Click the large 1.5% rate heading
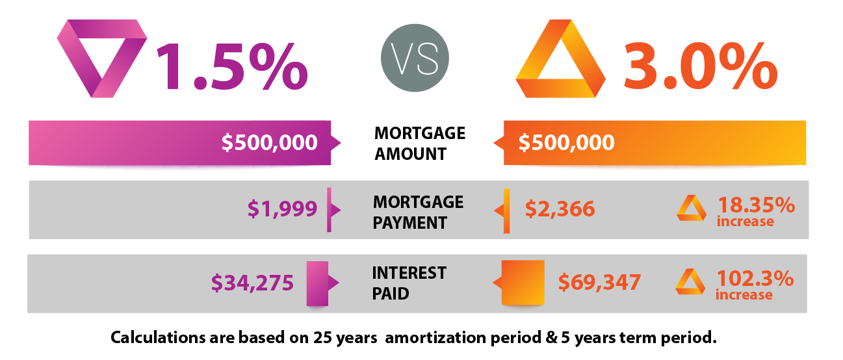click(x=232, y=66)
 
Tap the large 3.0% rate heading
click(x=701, y=66)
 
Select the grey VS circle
click(x=415, y=58)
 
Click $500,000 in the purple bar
click(x=270, y=142)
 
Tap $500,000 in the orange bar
click(x=566, y=142)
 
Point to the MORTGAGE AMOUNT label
click(x=420, y=144)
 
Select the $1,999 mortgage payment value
click(x=282, y=209)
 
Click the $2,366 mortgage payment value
click(x=560, y=209)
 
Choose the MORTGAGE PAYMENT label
click(x=418, y=212)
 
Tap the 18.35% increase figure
click(x=756, y=211)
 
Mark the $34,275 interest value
click(x=252, y=283)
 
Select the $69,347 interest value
click(x=599, y=282)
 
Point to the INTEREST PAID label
click(x=409, y=283)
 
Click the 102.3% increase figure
click(x=755, y=285)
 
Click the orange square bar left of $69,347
click(x=523, y=283)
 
